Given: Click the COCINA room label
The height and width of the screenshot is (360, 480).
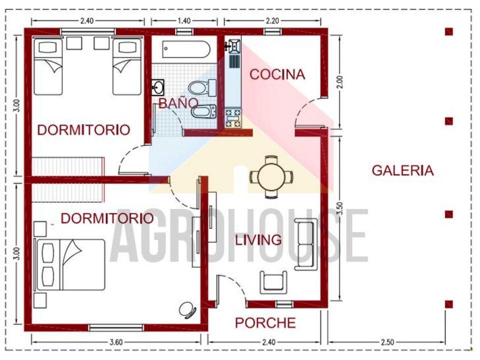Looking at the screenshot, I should [277, 74].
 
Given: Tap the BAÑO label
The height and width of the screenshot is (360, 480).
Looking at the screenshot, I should [171, 103].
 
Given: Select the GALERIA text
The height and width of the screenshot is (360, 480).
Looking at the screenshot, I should [402, 170].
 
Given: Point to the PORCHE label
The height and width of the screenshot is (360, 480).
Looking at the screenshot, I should [265, 323].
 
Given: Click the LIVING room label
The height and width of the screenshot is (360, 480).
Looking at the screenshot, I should [258, 240].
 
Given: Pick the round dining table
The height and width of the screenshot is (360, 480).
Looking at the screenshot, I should [271, 176].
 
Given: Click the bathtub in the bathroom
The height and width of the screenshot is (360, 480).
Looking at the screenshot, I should [186, 49].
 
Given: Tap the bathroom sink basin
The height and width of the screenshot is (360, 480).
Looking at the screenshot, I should [158, 88].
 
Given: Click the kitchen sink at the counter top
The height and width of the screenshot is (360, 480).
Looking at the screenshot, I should [233, 46].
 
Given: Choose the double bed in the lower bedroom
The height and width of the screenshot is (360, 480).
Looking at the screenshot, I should [70, 264].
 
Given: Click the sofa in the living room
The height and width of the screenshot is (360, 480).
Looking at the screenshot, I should [304, 244].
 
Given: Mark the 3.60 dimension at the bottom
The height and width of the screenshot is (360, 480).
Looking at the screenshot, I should [115, 342].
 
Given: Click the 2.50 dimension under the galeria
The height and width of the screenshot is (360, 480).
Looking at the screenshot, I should [387, 342].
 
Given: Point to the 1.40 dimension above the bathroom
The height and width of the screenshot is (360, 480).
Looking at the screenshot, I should [184, 20].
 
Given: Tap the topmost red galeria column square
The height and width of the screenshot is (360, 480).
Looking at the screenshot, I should [449, 31].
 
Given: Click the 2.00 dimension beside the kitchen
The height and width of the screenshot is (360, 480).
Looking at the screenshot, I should [339, 82].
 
